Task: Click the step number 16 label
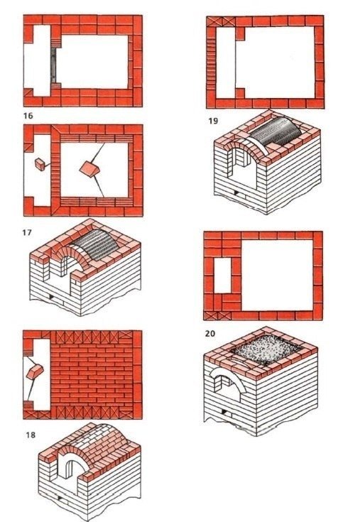coord(28,116)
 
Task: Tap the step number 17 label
coord(27,232)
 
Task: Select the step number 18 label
coord(31,435)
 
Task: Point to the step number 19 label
coord(213,121)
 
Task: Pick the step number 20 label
coord(210,333)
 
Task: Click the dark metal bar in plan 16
coord(53,65)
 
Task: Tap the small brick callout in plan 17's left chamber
coord(40,165)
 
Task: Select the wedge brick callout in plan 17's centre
coord(89,168)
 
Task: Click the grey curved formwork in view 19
coord(276,131)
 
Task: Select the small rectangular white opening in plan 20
coord(222,274)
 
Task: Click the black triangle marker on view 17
coord(51,297)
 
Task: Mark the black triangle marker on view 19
coord(236,193)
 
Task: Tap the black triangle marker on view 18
coord(60,498)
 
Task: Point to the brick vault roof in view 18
coord(100,440)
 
